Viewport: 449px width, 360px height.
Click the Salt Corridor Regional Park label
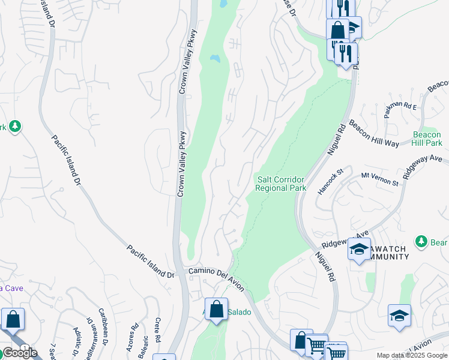[x=280, y=184]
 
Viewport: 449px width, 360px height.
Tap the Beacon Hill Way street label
[x=375, y=136]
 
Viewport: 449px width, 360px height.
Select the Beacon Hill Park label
[x=427, y=139]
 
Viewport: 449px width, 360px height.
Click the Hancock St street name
[x=330, y=181]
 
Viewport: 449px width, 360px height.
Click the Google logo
[x=19, y=353]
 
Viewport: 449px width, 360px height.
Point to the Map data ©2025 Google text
[x=412, y=355]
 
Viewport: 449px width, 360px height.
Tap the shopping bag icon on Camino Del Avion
[x=217, y=309]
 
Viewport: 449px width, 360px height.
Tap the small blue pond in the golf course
[x=214, y=59]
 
